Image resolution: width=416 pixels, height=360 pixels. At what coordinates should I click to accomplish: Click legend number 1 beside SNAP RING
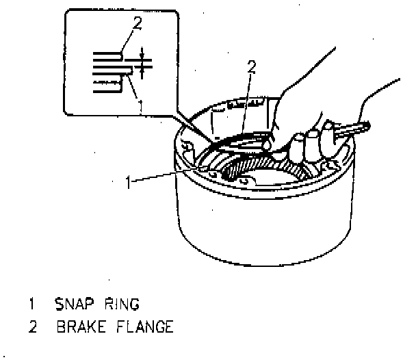pos(31,301)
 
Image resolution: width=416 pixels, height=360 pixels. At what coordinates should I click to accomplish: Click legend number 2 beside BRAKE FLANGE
pos(31,326)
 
